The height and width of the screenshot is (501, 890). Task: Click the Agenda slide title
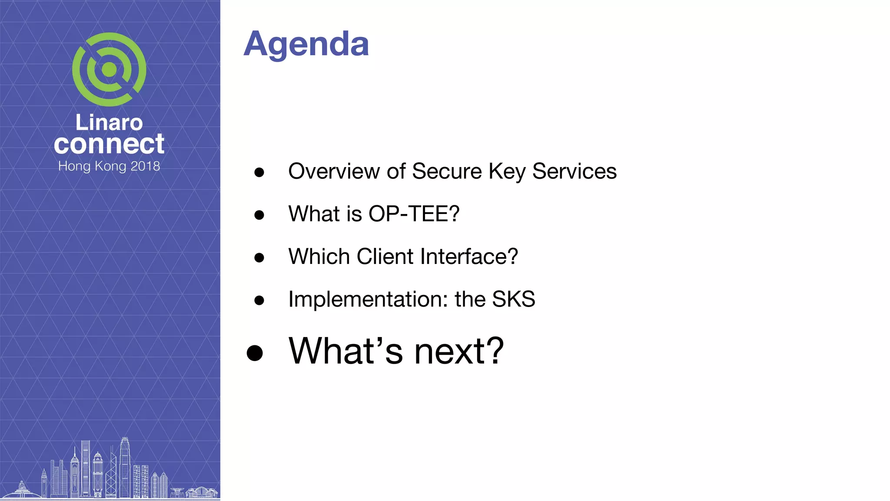pyautogui.click(x=306, y=44)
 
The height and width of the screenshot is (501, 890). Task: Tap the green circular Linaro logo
pyautogui.click(x=109, y=70)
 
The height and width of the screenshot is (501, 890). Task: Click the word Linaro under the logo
pyautogui.click(x=109, y=123)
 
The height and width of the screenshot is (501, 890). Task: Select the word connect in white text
pyautogui.click(x=109, y=144)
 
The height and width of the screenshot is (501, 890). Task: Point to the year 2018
pyautogui.click(x=145, y=166)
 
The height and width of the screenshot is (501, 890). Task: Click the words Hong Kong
pyautogui.click(x=92, y=166)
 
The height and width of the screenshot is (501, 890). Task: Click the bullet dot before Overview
pyautogui.click(x=259, y=172)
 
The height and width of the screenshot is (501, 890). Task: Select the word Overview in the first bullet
pyautogui.click(x=334, y=171)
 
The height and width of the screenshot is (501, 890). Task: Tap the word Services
pyautogui.click(x=574, y=171)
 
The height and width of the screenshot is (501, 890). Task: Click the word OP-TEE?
pyautogui.click(x=414, y=214)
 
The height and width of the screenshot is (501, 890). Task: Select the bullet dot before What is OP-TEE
pyautogui.click(x=259, y=215)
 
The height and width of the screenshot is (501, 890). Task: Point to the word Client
pyautogui.click(x=385, y=256)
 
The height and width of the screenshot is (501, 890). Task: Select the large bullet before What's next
pyautogui.click(x=255, y=353)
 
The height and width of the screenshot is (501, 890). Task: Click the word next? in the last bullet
pyautogui.click(x=459, y=351)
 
